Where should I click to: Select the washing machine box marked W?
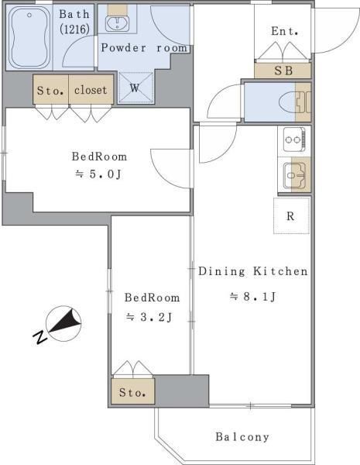pos(134,88)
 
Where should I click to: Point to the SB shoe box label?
pos(283,70)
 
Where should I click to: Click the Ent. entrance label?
pos(284,31)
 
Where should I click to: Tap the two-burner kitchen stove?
pos(294,140)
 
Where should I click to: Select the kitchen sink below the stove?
pos(294,176)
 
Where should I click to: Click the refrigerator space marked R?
pos(291,215)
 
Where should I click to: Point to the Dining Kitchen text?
pos(253,271)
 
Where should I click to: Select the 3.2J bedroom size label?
pos(149,316)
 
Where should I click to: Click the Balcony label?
pos(242,436)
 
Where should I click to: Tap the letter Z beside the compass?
pos(39,336)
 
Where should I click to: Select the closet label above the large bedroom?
pos(91,89)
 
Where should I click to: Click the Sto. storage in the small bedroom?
pos(133,392)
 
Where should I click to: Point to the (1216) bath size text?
pos(74,29)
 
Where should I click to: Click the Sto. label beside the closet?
pos(51,89)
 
